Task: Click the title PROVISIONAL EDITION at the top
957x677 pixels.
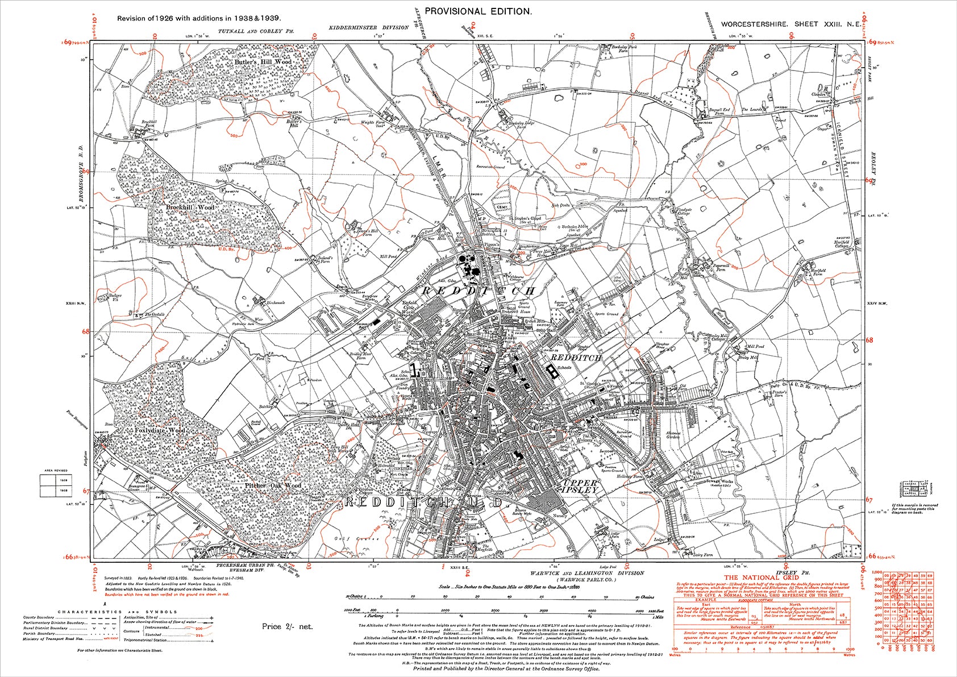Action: click(478, 11)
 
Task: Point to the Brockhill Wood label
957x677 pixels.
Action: click(190, 207)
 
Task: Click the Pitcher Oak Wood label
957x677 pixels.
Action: click(273, 486)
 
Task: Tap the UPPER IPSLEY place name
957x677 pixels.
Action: click(580, 486)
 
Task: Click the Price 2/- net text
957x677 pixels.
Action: click(287, 626)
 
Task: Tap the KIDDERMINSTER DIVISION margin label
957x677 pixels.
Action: click(368, 27)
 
